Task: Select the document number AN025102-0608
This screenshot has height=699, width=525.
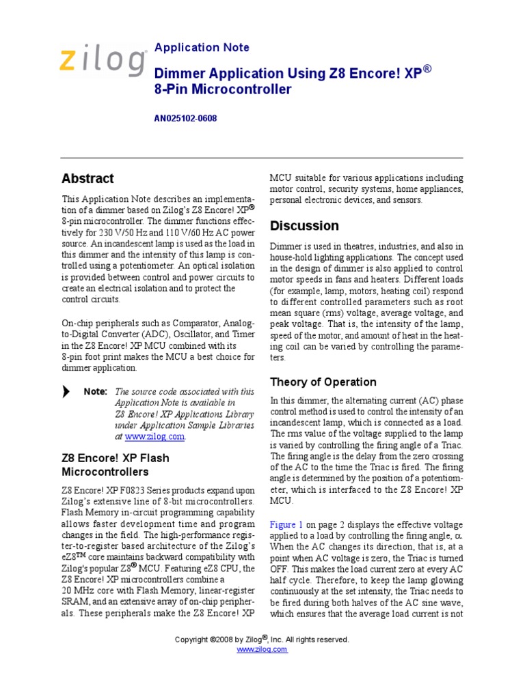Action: pyautogui.click(x=185, y=118)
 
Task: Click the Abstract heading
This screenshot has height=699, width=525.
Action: pyautogui.click(x=87, y=179)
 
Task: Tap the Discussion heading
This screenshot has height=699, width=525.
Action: pyautogui.click(x=304, y=226)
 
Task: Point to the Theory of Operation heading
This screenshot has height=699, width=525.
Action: pyautogui.click(x=323, y=382)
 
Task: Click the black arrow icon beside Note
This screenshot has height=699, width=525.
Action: pyautogui.click(x=66, y=392)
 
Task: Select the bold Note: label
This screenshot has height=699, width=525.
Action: pyautogui.click(x=95, y=392)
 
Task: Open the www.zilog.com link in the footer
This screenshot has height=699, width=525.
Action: pyautogui.click(x=262, y=649)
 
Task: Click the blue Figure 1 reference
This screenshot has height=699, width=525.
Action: pyautogui.click(x=286, y=524)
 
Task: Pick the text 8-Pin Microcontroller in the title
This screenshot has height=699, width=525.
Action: pyautogui.click(x=223, y=90)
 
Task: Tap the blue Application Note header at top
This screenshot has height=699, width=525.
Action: pyautogui.click(x=202, y=48)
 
